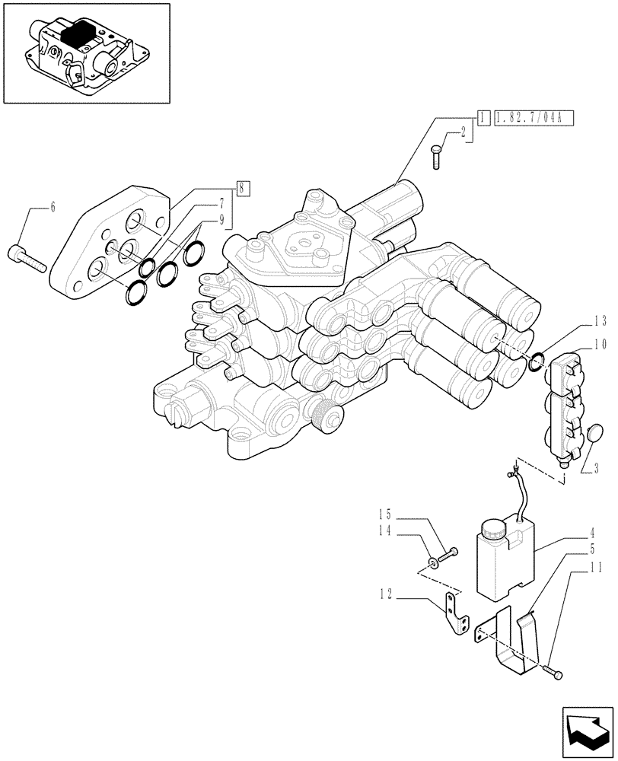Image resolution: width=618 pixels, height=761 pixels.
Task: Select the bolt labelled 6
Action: [28, 256]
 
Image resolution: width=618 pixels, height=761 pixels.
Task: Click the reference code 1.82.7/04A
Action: [533, 118]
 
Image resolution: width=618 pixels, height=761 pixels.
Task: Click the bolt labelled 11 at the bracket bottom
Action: [555, 672]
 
